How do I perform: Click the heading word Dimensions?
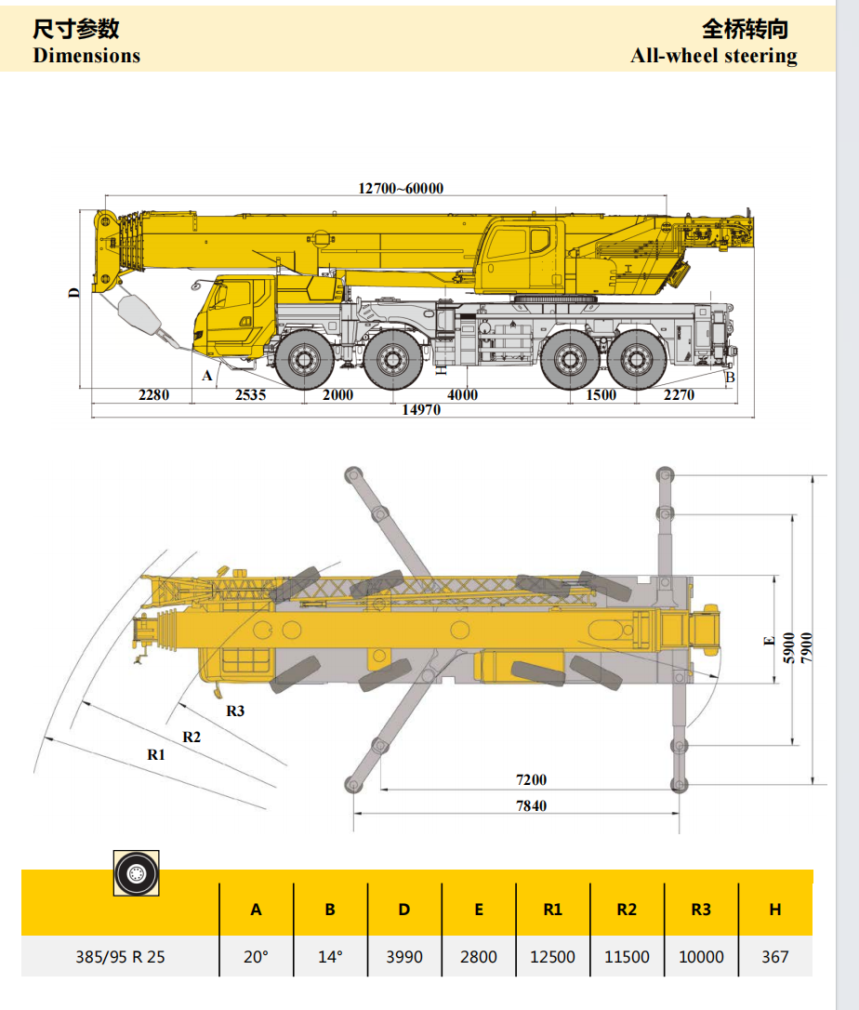point(86,56)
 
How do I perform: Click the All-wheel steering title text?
point(713,56)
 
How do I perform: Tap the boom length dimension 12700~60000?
point(401,188)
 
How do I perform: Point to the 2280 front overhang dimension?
point(153,394)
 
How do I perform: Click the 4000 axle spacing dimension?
point(462,394)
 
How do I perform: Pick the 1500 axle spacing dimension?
point(601,394)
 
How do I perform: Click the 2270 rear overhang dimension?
point(680,394)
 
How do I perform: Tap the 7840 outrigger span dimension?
point(531,805)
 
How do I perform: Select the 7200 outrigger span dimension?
point(531,779)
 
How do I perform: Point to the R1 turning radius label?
point(156,754)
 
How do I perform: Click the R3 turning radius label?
point(235,711)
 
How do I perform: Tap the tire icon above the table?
point(137,873)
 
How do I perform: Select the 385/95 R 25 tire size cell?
point(120,956)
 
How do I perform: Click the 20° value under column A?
point(256,956)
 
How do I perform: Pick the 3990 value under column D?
point(404,956)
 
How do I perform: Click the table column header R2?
point(627,910)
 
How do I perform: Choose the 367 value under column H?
point(774,956)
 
